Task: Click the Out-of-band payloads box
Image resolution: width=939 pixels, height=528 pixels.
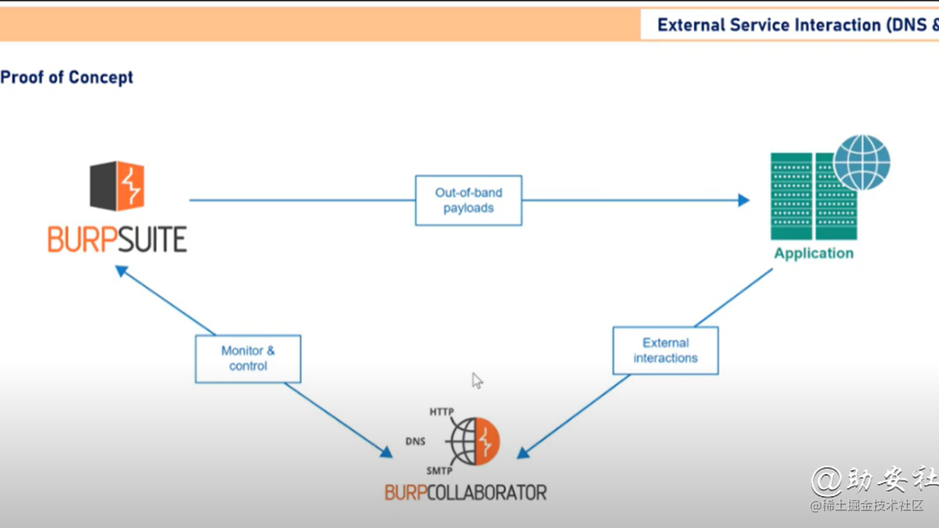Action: click(x=468, y=201)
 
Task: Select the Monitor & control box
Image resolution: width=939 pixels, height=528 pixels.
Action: click(x=248, y=359)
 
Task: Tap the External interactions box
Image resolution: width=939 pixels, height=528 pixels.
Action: click(x=665, y=350)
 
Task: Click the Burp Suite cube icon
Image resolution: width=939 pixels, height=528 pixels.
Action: click(x=117, y=186)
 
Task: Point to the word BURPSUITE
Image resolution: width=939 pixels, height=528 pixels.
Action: click(x=117, y=240)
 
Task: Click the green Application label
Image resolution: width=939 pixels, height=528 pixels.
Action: click(x=813, y=253)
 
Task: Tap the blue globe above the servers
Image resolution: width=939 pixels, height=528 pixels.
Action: click(x=862, y=162)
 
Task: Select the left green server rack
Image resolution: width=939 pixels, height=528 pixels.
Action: click(x=791, y=196)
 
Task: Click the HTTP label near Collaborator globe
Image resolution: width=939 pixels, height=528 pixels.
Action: click(x=441, y=412)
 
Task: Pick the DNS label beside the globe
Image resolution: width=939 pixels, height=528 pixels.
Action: click(x=416, y=442)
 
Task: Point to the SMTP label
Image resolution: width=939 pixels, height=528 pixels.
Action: click(x=439, y=471)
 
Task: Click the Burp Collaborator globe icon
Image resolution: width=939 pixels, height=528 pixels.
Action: click(x=474, y=442)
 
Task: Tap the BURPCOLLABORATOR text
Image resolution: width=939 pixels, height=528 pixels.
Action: click(x=465, y=492)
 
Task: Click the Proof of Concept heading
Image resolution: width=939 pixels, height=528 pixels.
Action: click(x=67, y=77)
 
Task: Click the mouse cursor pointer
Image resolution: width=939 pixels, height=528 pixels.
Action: click(x=477, y=381)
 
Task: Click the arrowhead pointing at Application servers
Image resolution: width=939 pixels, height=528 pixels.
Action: click(x=743, y=201)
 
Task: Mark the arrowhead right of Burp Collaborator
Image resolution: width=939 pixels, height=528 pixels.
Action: click(x=523, y=452)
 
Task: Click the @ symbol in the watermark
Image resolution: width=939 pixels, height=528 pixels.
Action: click(x=826, y=482)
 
